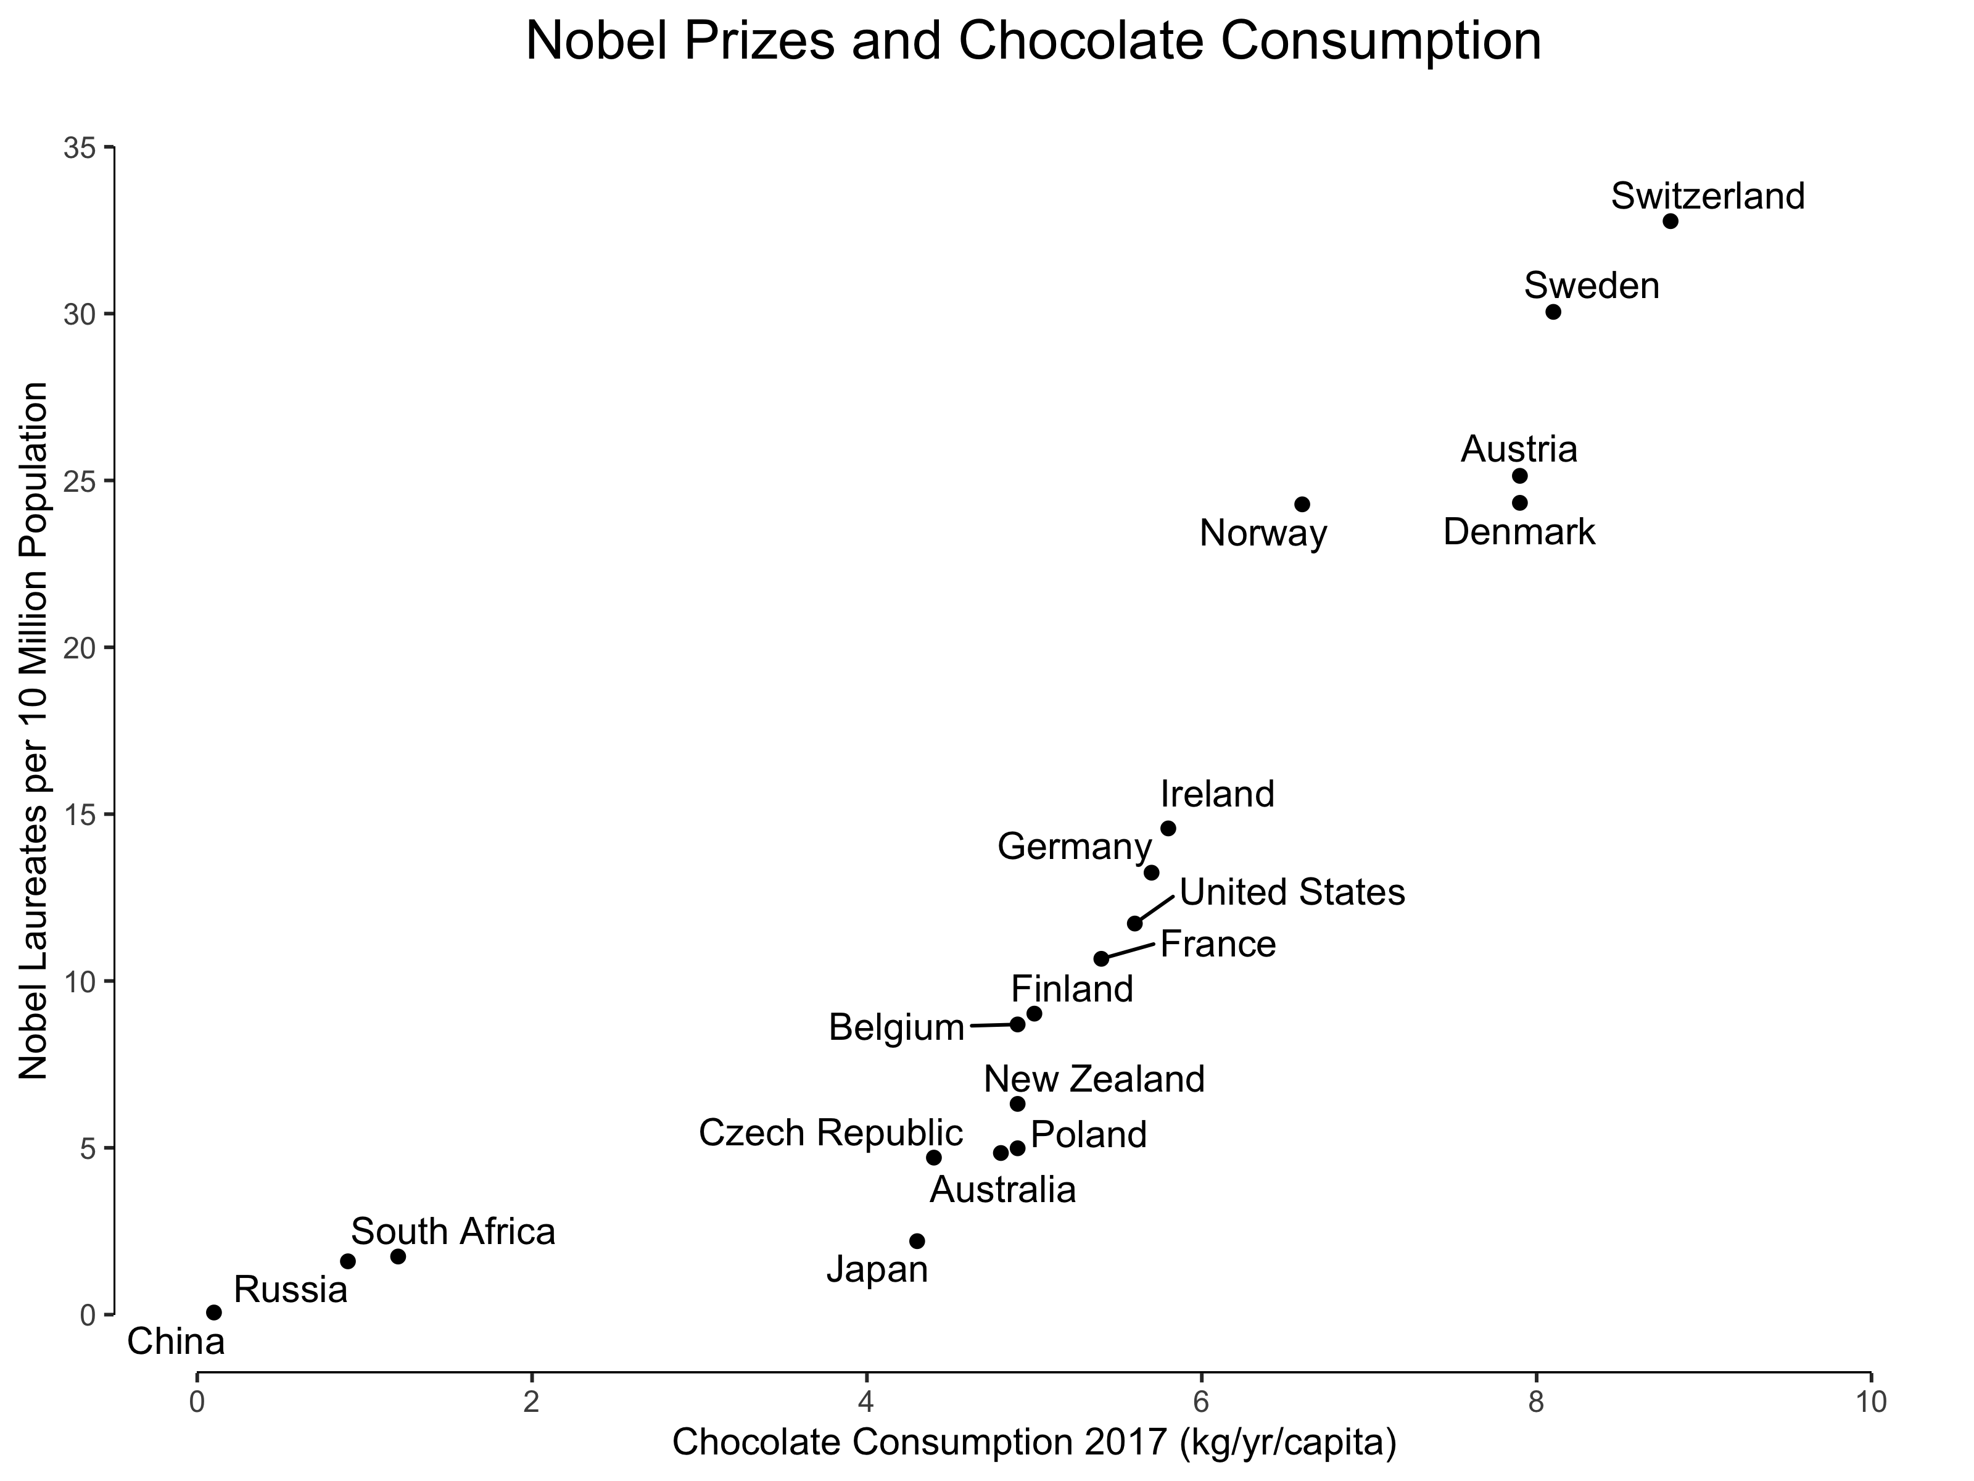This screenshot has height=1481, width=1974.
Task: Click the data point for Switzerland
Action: (1670, 222)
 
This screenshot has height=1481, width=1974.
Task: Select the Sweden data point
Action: (1553, 312)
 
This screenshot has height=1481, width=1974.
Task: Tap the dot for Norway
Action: (1302, 504)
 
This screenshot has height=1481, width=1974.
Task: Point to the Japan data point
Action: (917, 1241)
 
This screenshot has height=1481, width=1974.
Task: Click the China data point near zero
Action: (214, 1313)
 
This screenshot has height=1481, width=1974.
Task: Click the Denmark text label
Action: (1519, 532)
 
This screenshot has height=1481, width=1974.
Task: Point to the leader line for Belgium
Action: (991, 1025)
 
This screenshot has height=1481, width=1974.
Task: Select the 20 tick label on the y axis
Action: (80, 647)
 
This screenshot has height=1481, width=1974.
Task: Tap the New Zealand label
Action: (1094, 1079)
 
